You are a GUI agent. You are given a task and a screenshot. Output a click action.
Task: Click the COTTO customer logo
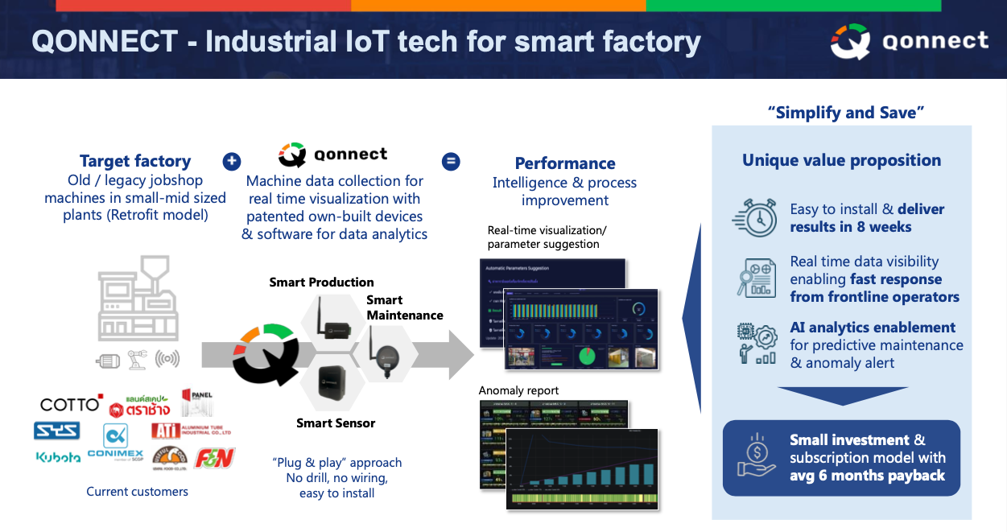[x=71, y=403]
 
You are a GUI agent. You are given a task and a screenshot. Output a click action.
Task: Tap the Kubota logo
[x=58, y=457]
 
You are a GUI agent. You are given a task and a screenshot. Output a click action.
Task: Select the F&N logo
[x=214, y=457]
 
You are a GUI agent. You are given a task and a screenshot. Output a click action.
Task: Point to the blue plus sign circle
[x=231, y=161]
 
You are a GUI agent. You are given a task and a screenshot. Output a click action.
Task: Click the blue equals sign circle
[x=452, y=161]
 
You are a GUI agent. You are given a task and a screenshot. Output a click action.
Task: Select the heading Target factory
[x=135, y=161]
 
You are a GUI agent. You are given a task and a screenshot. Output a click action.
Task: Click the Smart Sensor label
[x=336, y=423]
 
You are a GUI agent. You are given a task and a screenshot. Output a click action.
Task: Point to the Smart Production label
[x=321, y=282]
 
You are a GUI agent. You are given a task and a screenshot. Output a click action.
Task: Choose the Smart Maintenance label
[x=405, y=307]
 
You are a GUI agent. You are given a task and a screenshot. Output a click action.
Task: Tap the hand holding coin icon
[x=757, y=457]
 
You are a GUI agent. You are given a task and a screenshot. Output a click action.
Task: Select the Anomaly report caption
[x=518, y=391]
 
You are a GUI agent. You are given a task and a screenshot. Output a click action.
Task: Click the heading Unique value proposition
[x=841, y=160]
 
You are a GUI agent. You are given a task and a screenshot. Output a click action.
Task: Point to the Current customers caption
[x=137, y=491]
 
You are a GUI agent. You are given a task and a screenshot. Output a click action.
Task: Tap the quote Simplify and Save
[x=845, y=113]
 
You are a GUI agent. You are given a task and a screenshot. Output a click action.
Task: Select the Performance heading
[x=565, y=163]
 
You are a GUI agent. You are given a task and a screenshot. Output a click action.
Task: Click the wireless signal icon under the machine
[x=167, y=359]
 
